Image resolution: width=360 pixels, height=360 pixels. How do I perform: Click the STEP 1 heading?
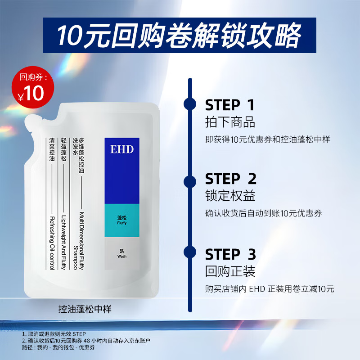(229, 105)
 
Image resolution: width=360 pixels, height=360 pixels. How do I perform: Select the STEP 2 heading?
(230, 179)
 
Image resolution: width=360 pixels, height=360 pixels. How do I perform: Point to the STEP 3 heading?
(230, 254)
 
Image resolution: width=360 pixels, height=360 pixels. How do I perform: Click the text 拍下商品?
(230, 122)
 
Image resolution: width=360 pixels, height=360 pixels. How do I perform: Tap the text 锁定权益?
(230, 196)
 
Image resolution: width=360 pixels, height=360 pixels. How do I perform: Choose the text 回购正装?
(230, 271)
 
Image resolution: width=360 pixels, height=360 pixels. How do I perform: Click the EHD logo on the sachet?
(122, 149)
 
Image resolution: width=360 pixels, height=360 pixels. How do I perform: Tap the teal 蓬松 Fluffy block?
(122, 220)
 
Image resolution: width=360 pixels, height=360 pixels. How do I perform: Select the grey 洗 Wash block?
(122, 253)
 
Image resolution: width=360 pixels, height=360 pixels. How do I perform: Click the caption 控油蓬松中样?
(85, 310)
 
